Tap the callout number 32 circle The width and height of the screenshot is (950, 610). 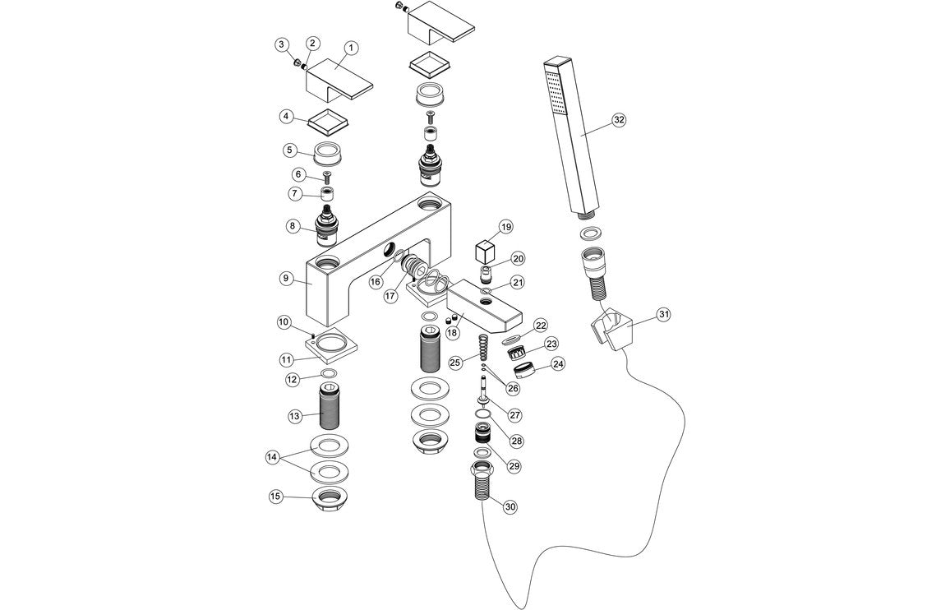click(619, 119)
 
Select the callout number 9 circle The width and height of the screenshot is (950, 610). click(285, 278)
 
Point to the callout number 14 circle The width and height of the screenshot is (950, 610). click(272, 456)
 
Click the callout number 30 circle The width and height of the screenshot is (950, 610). click(510, 506)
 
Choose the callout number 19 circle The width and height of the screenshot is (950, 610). click(505, 226)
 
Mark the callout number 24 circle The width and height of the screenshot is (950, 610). click(558, 363)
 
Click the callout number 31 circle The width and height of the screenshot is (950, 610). click(664, 314)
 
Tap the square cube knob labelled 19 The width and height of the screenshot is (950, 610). click(485, 247)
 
